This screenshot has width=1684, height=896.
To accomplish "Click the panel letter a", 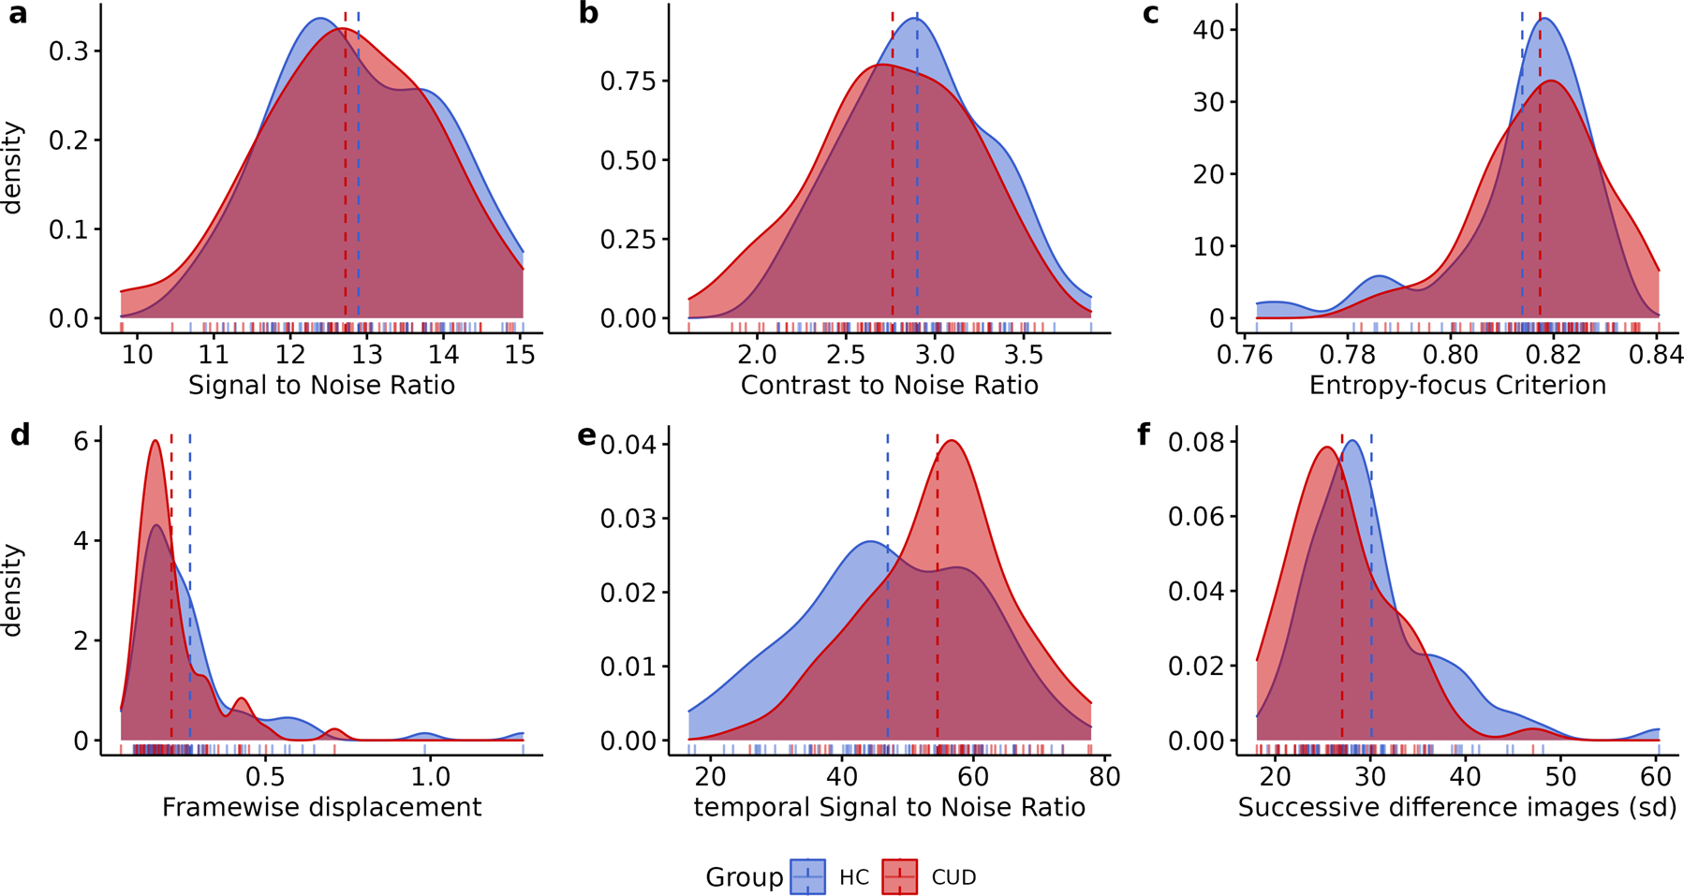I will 18,14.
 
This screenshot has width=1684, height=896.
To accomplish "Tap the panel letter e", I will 587,436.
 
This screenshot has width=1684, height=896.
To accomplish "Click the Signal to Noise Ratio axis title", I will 321,386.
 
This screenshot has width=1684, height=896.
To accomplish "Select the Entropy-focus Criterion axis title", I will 1457,386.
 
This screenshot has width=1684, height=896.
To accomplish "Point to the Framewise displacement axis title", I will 321,807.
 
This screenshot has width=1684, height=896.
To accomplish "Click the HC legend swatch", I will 807,877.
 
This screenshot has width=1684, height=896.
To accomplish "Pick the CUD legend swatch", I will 899,877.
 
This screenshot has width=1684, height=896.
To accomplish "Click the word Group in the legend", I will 744,877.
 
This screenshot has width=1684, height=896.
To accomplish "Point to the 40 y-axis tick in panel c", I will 1209,30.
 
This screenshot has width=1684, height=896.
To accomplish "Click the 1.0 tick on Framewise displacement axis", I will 430,777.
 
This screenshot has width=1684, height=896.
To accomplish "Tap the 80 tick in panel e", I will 1104,777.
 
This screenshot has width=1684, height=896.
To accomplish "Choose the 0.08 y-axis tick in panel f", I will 1191,442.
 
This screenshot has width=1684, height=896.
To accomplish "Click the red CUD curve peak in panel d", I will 155,441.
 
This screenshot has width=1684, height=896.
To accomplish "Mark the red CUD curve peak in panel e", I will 952,441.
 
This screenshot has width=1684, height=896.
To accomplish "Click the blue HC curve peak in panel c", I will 1544,20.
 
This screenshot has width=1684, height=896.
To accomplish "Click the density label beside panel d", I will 12,590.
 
